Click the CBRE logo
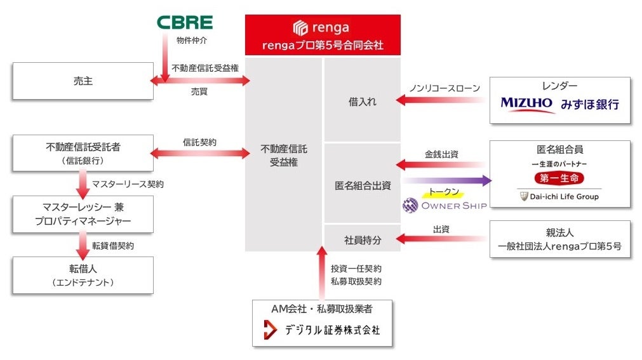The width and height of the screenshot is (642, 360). pos(184,23)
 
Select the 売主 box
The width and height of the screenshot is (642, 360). pos(83,81)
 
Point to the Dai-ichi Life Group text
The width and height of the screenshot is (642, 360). pos(560,197)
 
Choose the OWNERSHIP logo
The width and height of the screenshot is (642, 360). pos(445,205)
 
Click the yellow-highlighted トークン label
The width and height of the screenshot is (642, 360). pos(444,192)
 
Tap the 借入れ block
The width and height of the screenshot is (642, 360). pos(362,101)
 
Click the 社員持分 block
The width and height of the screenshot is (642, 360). pos(362,239)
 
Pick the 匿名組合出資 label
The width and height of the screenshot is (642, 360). pos(362,185)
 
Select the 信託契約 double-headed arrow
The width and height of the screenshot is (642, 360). pos(199,153)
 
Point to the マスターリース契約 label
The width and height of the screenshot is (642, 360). pos(128,184)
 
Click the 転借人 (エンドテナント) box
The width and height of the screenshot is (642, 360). pos(83,275)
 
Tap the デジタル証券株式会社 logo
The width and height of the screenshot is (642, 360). pos(322,330)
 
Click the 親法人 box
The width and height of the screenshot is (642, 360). pos(559,239)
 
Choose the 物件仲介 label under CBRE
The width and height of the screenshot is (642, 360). pos(191,41)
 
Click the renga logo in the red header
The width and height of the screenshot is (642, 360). pos(322,27)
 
